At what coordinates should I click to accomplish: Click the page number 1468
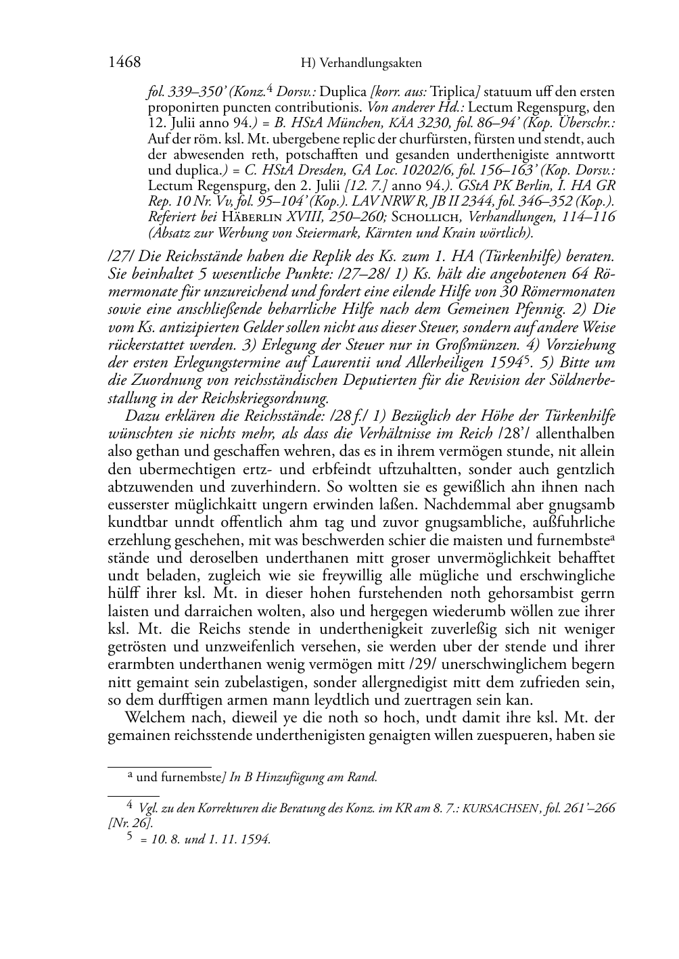[x=124, y=63]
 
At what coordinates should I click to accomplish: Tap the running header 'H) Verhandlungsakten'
[x=360, y=64]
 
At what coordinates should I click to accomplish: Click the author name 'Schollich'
[x=426, y=217]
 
